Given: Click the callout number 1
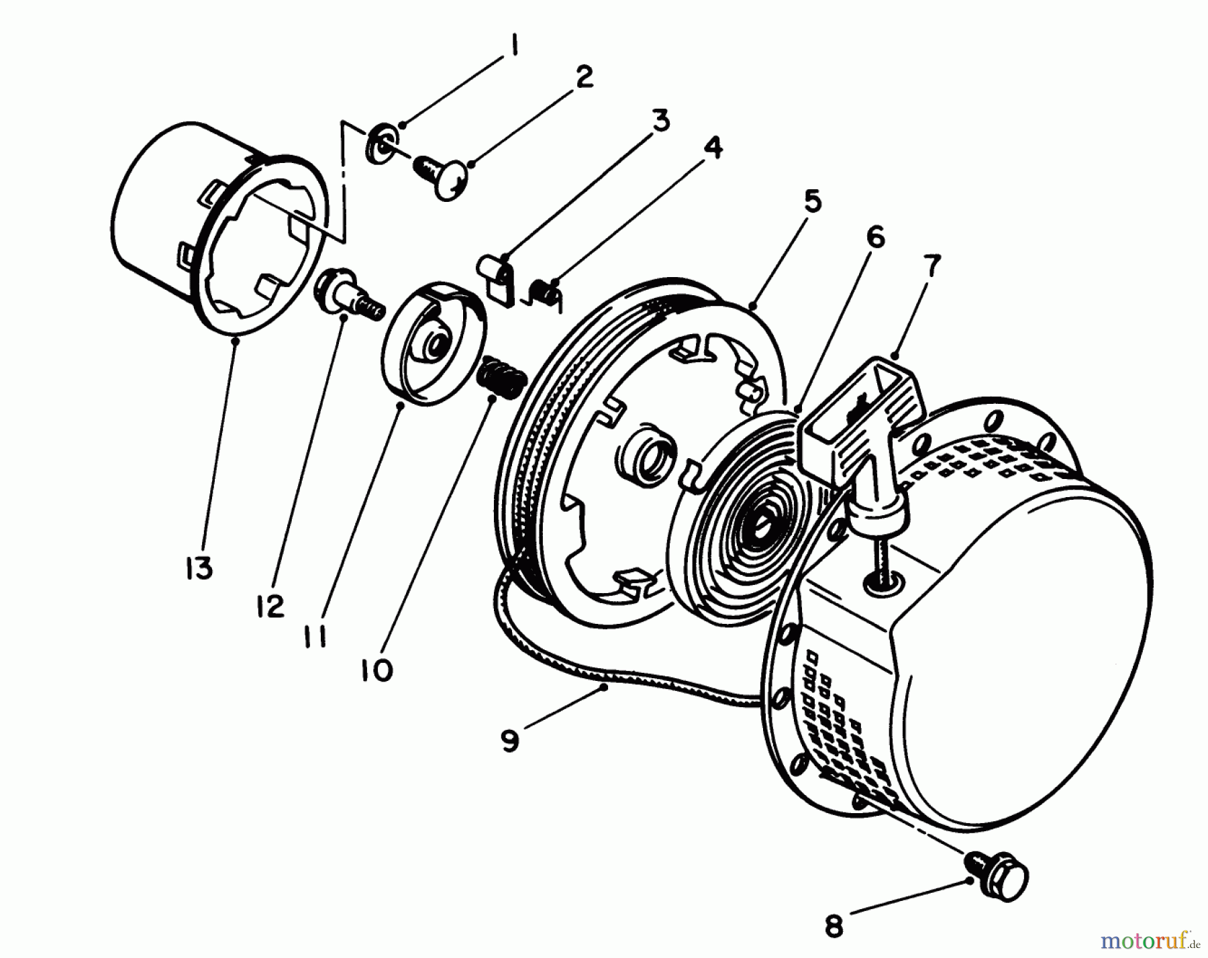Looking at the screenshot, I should (513, 47).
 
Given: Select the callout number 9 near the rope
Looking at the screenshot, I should (510, 741).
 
